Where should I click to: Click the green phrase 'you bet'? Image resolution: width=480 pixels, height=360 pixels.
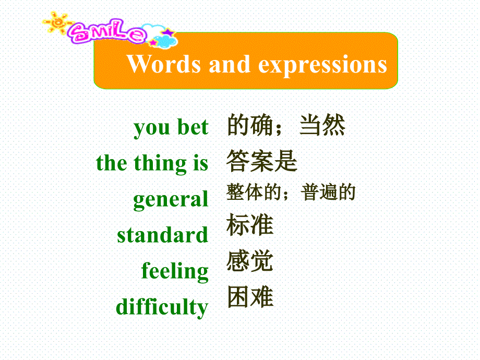[x=171, y=128]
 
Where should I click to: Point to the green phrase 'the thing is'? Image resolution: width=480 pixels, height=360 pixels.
[x=152, y=164]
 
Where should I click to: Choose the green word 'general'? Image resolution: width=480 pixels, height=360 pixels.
[x=171, y=200]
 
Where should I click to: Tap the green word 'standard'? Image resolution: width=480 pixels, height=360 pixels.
[x=163, y=235]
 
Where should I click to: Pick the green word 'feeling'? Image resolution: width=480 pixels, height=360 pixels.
[x=175, y=271]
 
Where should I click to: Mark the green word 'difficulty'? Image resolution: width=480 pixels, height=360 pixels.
[x=162, y=307]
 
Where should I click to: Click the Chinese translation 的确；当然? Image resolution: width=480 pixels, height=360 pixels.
[x=286, y=126]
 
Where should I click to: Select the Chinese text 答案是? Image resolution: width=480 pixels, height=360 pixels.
[x=262, y=162]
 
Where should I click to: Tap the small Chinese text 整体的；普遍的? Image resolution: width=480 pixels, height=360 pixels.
[x=291, y=193]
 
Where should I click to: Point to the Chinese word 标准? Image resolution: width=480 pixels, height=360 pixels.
[x=250, y=225]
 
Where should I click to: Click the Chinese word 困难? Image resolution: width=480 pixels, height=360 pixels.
[x=250, y=297]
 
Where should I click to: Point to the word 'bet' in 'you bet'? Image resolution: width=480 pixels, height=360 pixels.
[x=193, y=128]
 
